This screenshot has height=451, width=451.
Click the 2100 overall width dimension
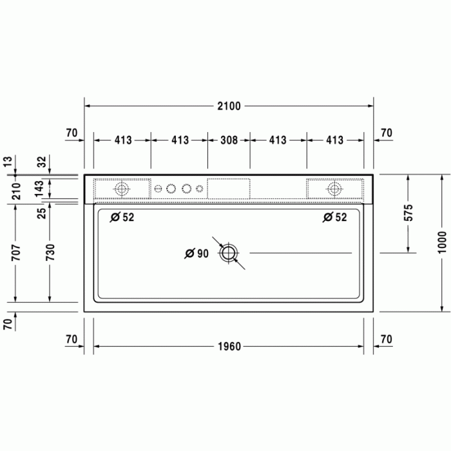pos(229,106)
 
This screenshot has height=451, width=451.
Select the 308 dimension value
pos(229,140)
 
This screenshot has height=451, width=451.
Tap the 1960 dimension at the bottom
pos(229,347)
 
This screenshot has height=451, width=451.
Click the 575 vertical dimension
pos(408,213)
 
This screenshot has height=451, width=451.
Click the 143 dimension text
pos(40,188)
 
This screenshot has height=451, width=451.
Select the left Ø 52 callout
pos(122,218)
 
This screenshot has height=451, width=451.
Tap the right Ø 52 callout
pos(334,218)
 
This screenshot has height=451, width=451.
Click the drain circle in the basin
pos(229,253)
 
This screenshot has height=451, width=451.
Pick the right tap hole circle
pos(334,189)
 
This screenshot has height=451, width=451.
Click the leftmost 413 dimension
pos(122,140)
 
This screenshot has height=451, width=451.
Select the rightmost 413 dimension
pos(334,140)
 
